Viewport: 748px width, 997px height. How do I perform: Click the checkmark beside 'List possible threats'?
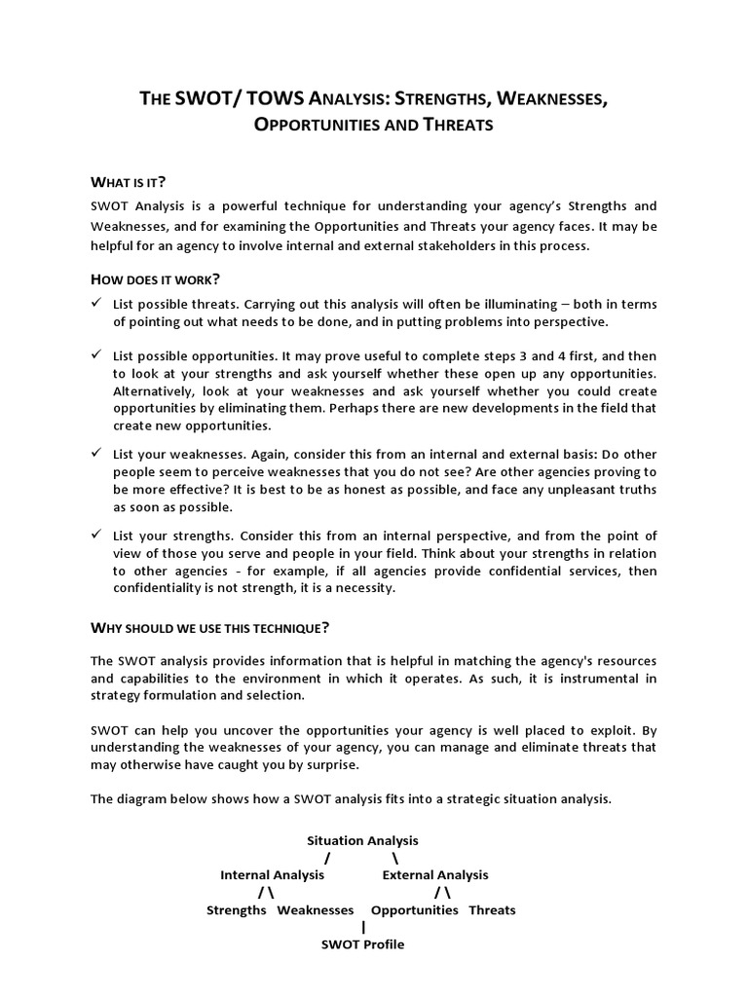[x=96, y=304]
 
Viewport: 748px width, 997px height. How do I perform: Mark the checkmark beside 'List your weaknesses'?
[x=96, y=453]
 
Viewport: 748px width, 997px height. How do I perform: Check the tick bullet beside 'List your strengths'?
[x=96, y=535]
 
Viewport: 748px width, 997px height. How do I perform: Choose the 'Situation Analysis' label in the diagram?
[x=362, y=840]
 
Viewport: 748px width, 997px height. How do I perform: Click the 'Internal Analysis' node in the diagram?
[x=272, y=875]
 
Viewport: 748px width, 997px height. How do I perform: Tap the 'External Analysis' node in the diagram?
[x=435, y=875]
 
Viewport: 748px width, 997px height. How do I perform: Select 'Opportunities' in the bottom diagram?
[x=415, y=910]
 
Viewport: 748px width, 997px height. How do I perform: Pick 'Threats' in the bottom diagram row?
[x=492, y=910]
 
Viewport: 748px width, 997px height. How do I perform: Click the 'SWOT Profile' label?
[x=362, y=944]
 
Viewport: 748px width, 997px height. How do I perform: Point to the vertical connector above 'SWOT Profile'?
[x=363, y=928]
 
